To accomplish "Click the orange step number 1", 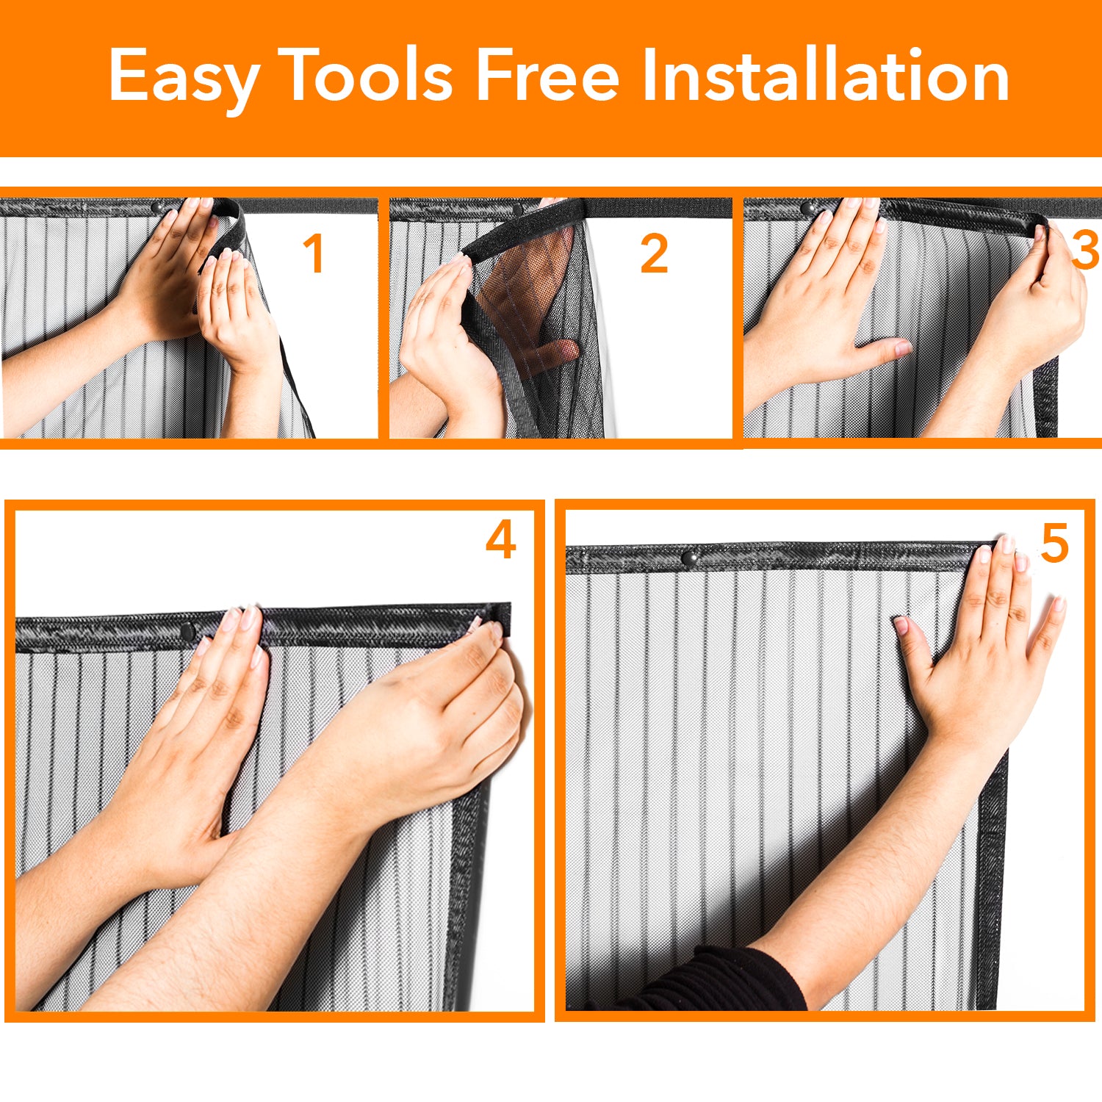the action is (314, 253).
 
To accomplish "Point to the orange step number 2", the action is (654, 253).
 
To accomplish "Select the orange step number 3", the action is (1085, 249).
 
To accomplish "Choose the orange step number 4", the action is (501, 539).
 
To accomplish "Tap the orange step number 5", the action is (1055, 544).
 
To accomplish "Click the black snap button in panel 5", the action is (688, 558).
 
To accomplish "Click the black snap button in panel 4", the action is (187, 630).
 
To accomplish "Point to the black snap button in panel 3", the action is (809, 209).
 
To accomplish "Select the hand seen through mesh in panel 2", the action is (533, 309).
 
